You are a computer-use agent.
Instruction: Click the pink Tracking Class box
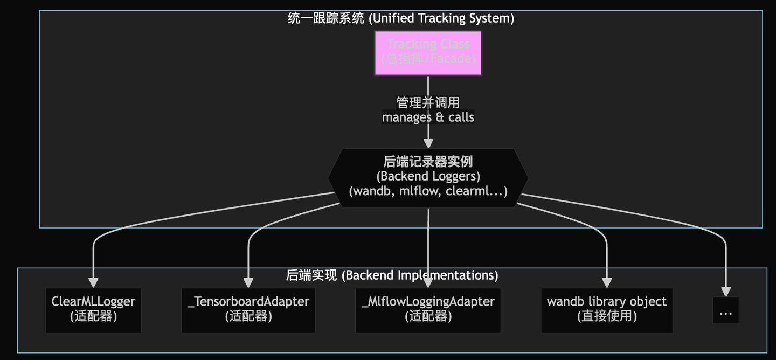428,53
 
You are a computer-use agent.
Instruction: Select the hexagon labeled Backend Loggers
428,177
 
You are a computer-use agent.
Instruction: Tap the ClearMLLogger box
93,310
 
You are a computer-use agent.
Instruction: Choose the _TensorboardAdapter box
248,310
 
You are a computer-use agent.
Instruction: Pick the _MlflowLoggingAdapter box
428,310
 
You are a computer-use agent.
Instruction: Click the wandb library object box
606,310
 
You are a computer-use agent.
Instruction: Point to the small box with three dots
725,310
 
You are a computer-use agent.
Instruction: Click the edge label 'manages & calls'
428,117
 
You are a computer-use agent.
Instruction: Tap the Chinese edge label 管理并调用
428,102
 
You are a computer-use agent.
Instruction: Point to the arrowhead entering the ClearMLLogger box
93,282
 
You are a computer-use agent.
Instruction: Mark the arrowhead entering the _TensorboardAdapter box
248,282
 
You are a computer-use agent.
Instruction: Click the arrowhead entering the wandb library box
606,282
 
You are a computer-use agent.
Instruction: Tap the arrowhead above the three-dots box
725,291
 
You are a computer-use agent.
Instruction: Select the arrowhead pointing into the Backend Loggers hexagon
428,143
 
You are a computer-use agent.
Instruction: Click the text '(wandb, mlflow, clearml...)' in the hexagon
428,191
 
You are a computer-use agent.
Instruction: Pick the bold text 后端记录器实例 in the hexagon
428,162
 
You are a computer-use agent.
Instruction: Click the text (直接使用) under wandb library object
606,316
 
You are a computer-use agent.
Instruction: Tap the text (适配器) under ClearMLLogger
93,316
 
